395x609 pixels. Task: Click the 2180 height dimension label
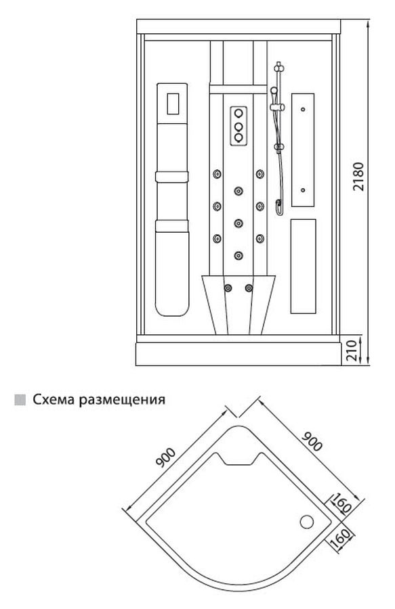pos(358,177)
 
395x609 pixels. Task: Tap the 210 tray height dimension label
pos(351,351)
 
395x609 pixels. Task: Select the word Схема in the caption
pos(54,399)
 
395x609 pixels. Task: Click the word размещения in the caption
pos(122,400)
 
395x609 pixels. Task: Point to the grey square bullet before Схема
pos(20,400)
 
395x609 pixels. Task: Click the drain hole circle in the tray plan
pos(307,522)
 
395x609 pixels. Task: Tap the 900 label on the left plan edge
pos(165,457)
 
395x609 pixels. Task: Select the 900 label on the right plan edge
pos(312,441)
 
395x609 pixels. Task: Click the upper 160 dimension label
pos(341,503)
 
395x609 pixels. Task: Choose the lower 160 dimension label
pos(341,537)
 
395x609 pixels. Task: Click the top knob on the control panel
pos(238,113)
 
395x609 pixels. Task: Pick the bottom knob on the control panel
pos(238,137)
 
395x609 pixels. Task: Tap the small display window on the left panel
pos(173,104)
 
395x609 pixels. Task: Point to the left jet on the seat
pos(228,288)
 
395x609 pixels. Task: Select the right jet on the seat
pos(249,288)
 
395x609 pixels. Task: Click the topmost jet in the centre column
pos(238,191)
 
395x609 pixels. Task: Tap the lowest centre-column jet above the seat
pos(238,255)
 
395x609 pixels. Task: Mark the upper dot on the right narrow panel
pos(303,110)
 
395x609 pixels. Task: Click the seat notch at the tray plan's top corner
pos(238,458)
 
